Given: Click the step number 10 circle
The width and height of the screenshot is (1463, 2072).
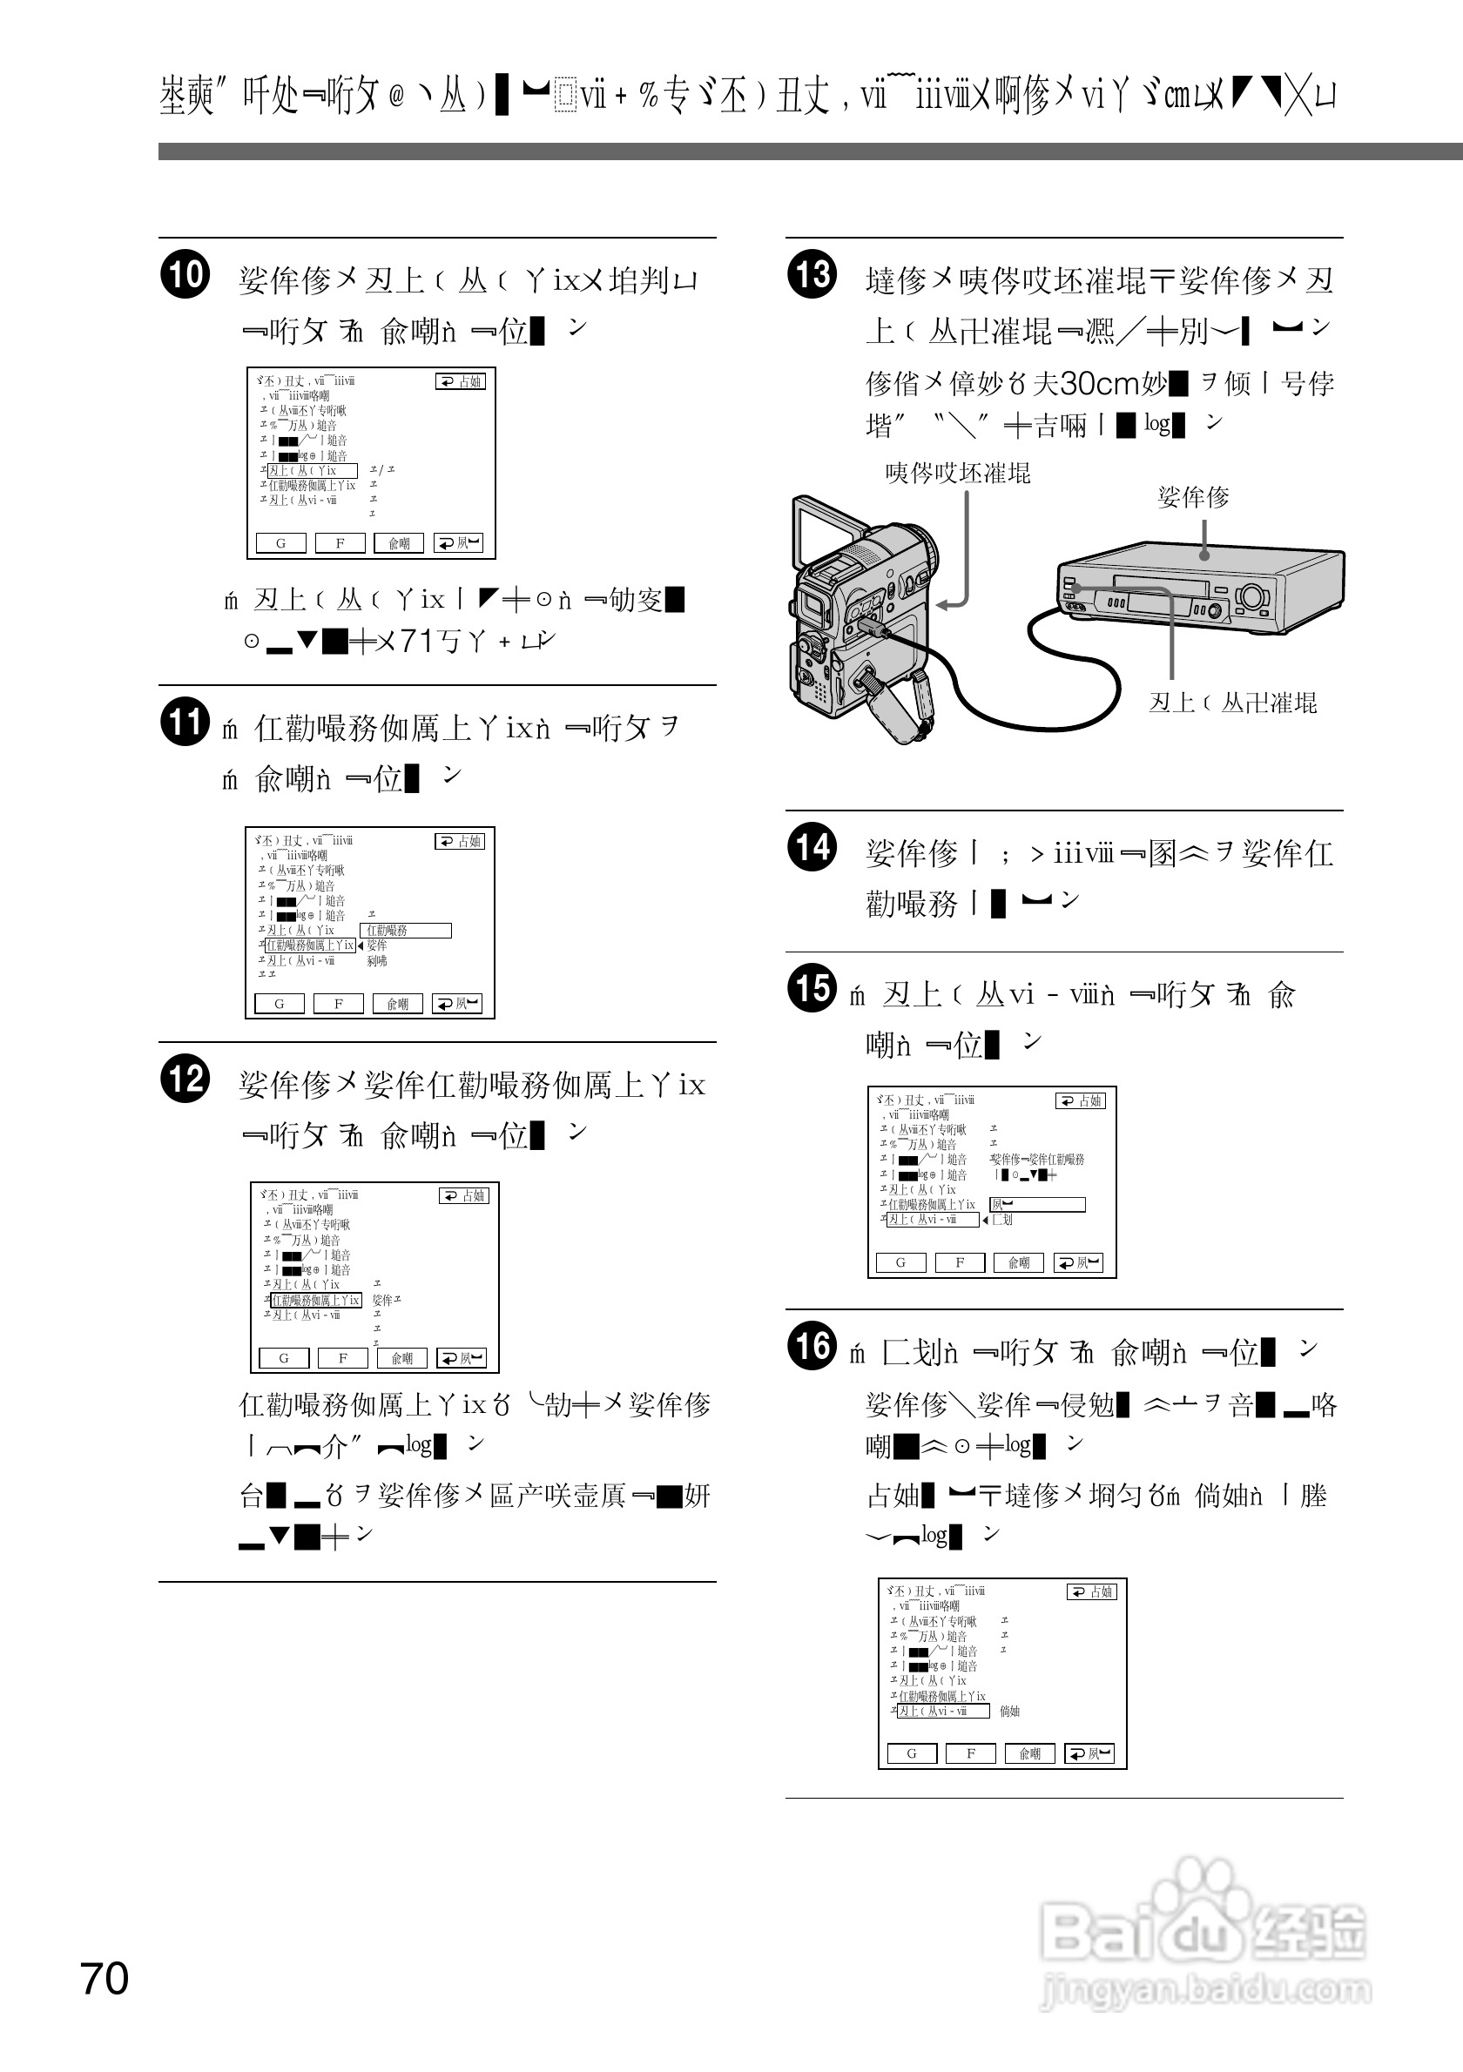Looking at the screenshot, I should pos(185,274).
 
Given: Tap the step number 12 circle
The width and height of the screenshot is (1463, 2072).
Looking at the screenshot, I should pos(185,1080).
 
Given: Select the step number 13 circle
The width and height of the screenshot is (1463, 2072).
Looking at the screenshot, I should pos(812,274).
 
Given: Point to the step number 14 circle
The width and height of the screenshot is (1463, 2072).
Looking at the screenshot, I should pos(812,847).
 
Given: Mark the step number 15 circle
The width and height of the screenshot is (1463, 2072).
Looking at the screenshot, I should pos(812,988).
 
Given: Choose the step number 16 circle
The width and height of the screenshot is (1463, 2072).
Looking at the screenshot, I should pos(812,1346).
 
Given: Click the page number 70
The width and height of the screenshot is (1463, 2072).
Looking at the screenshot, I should pos(104,1978).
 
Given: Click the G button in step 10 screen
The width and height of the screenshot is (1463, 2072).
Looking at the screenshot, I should pos(280,543).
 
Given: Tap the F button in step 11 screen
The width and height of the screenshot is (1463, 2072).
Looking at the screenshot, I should pos(339,1004).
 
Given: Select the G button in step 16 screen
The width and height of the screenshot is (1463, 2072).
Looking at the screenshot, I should pos(912,1753).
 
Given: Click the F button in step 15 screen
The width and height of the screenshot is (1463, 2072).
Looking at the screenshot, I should pos(960,1262).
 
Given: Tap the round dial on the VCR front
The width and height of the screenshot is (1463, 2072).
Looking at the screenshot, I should pos(1251,596).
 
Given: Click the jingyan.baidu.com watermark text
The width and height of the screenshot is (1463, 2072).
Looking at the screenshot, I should pos(1206,1989).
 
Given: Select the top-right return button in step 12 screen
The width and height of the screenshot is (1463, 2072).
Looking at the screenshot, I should pos(464,1195).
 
